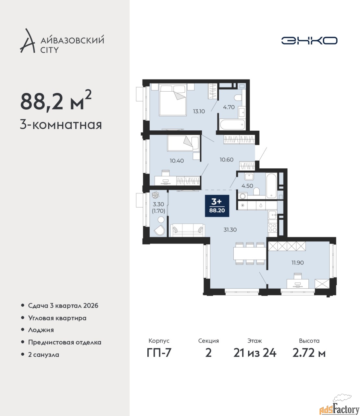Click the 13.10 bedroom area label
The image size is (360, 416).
[x=199, y=111]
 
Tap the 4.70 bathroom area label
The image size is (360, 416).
[x=229, y=107]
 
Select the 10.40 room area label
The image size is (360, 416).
[x=177, y=161]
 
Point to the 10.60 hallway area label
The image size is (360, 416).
[x=227, y=160]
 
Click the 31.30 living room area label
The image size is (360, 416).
[x=230, y=230]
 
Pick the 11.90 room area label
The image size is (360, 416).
[x=298, y=263]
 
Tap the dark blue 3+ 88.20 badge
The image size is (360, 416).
[x=217, y=206]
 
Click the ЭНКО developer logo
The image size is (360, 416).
[x=309, y=41]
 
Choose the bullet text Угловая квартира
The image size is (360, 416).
[x=57, y=318]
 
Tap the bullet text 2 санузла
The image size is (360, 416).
[x=43, y=355]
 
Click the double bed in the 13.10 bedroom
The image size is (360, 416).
[x=172, y=100]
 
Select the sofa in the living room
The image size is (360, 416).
[x=187, y=230]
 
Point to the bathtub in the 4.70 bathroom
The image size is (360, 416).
[x=232, y=125]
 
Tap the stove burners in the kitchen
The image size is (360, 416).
[x=273, y=227]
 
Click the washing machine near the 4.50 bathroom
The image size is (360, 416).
[x=242, y=196]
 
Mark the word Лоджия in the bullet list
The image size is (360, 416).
[x=41, y=330]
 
